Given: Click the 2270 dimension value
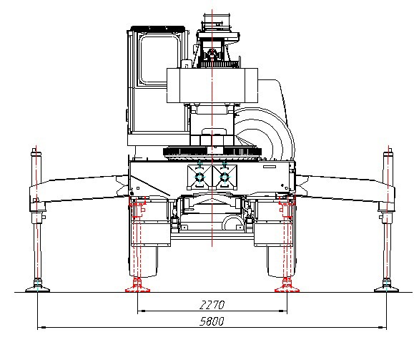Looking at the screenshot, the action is point(212,305).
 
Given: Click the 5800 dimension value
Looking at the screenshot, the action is point(212,321).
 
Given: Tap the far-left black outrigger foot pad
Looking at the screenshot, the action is point(37,289).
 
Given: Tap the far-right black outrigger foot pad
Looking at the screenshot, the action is point(387,289).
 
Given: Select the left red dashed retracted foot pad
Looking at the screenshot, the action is point(137,290).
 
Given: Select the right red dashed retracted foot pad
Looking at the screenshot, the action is point(287,290).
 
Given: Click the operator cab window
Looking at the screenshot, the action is point(159,60).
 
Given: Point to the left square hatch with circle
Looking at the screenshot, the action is point(199,177).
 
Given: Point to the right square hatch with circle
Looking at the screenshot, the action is point(225,177).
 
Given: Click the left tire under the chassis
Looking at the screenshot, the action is point(144,261).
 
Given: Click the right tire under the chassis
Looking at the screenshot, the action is point(281,261).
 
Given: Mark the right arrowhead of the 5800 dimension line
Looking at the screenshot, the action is point(383,327).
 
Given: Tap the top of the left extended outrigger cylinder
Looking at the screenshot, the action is point(34,150).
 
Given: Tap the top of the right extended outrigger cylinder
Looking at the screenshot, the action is point(390,150).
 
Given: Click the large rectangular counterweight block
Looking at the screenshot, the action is point(212,85).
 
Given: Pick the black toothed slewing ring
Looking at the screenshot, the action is point(212,152).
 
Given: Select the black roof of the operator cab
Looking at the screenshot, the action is point(157,28).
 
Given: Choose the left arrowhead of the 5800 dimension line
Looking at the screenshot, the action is point(41,327).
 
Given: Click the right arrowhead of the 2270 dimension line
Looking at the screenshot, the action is point(283,311).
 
